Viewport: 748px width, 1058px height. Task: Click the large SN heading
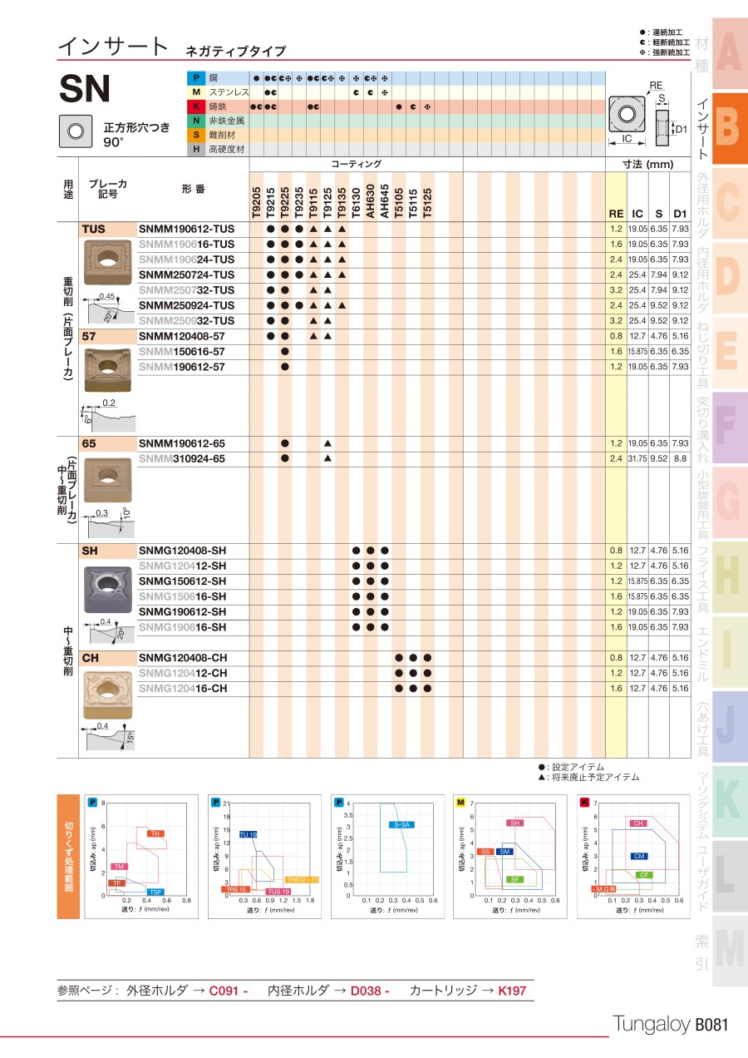tap(85, 88)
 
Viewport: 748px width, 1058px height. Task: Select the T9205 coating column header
tap(257, 202)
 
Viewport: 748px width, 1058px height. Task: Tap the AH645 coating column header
tap(384, 202)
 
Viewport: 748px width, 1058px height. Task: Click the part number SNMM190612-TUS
tap(186, 229)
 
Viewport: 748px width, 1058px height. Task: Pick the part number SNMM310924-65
tap(181, 459)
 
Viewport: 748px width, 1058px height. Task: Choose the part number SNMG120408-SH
tap(182, 551)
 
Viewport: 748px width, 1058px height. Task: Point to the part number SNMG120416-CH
tap(182, 689)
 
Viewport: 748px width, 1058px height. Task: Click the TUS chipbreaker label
tap(94, 229)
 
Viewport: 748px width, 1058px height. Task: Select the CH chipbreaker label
tap(91, 658)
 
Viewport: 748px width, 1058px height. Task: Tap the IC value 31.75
tap(637, 459)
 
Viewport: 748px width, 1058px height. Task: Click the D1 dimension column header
tap(680, 214)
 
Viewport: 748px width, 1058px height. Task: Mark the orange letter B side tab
tap(726, 126)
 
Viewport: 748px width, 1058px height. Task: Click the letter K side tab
tap(726, 798)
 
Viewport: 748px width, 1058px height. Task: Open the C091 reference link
tap(229, 991)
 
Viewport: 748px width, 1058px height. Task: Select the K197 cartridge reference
tap(512, 991)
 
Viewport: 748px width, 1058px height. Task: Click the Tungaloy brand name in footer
tap(651, 1026)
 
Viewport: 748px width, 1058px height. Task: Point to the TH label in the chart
tap(155, 833)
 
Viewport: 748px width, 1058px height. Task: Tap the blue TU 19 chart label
tap(249, 834)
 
